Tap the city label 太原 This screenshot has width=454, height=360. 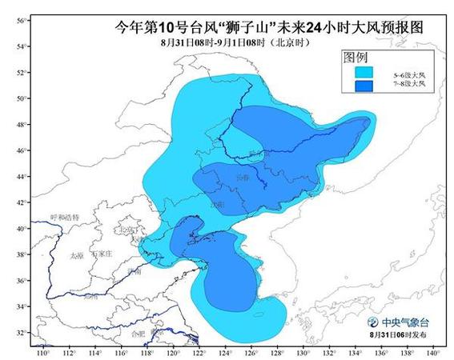click(76, 255)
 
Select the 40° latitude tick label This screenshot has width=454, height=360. click(22, 228)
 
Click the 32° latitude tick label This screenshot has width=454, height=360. click(22, 331)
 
